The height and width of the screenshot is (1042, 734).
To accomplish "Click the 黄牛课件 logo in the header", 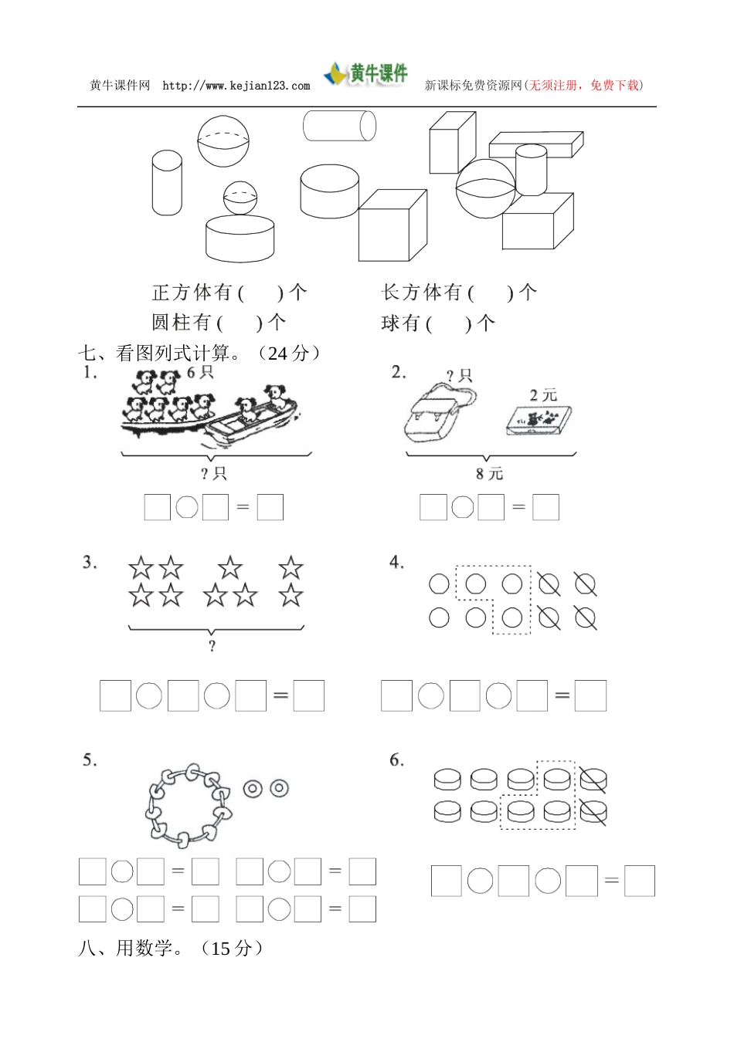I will (365, 74).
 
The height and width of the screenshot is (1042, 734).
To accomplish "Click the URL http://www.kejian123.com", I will (236, 86).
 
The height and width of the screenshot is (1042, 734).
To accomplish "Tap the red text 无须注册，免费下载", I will (584, 86).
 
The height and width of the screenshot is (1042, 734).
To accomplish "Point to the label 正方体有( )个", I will (229, 293).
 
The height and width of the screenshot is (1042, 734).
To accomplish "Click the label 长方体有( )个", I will (459, 293).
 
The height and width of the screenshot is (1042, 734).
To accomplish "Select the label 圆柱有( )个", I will (219, 322).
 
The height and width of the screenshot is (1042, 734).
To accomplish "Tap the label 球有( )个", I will (438, 323).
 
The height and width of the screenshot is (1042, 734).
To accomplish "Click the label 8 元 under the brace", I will (489, 473).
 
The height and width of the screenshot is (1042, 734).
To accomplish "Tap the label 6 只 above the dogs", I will (200, 372).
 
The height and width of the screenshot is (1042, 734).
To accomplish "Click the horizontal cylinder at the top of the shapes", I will (339, 126).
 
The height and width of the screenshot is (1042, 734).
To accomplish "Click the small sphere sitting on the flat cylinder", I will (240, 198).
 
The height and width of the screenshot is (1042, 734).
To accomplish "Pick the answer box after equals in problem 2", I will (545, 507).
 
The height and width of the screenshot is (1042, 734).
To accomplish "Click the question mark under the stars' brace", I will (212, 646).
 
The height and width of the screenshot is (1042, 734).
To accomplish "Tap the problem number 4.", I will (396, 563).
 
